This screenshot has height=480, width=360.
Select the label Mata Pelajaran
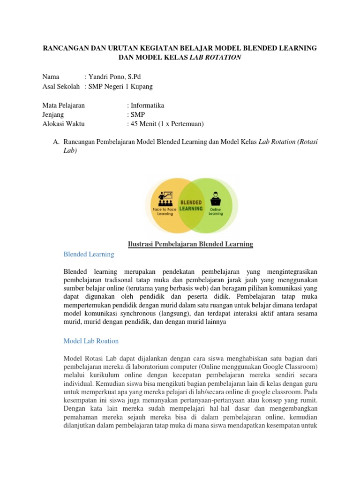[63, 105]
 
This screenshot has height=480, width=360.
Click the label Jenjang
[53, 115]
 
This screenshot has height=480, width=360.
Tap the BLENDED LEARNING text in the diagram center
[191, 205]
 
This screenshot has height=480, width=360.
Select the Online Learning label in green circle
[216, 211]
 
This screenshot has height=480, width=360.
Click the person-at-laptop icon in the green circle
[216, 196]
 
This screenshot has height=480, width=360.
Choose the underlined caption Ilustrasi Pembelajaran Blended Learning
[190, 244]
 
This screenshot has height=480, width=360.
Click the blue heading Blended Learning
[89, 254]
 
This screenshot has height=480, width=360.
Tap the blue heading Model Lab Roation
[91, 341]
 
